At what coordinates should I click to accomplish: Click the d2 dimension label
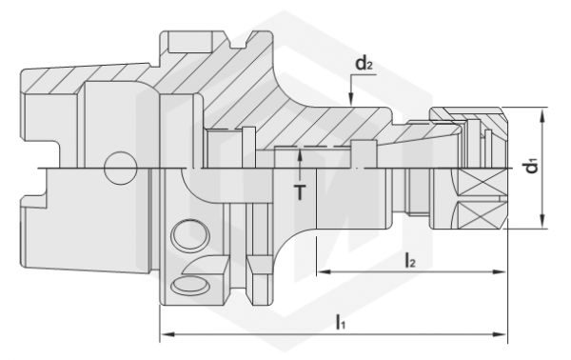pos(364,64)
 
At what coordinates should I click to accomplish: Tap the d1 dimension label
pos(532,168)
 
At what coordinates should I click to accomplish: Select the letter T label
pos(300,192)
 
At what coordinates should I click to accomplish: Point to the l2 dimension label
pos(410,261)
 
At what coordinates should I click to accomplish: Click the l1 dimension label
pos(340,323)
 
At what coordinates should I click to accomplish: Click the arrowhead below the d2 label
pos(350,99)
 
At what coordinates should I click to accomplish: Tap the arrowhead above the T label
pos(300,154)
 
